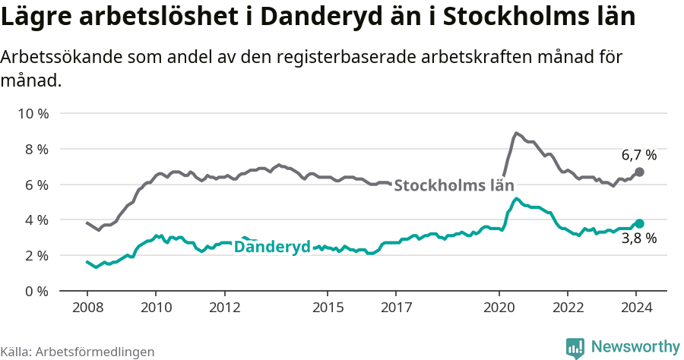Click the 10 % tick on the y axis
33,114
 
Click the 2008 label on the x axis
87,308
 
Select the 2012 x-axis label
224,308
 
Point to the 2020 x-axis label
499,308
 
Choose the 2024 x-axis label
637,308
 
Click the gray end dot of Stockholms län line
639,172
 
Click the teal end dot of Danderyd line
639,223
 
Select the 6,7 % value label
638,156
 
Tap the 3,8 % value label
638,238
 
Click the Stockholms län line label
454,185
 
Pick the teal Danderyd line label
272,247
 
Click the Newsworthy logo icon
575,348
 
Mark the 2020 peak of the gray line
516,133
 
